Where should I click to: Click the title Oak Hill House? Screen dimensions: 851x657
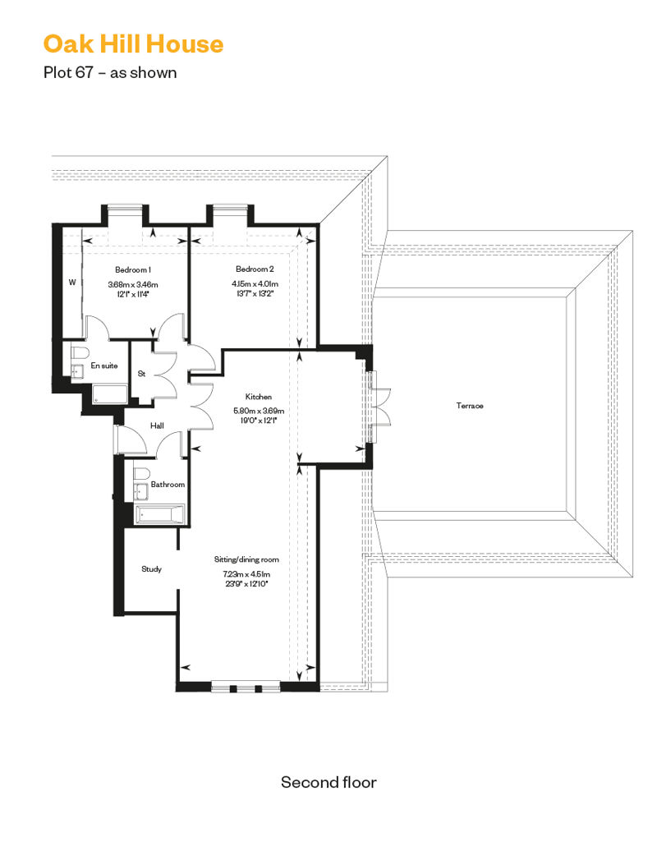click(x=133, y=44)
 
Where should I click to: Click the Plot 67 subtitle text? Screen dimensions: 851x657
click(x=110, y=72)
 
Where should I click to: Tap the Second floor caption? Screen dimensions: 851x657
click(x=328, y=781)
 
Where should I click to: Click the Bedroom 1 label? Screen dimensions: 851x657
click(x=132, y=269)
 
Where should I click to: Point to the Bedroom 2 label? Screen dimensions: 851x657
click(x=255, y=269)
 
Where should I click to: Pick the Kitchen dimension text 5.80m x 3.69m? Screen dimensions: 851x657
click(x=259, y=411)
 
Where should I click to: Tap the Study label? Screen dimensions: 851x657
click(x=151, y=568)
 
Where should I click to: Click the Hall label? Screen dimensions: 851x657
click(x=157, y=425)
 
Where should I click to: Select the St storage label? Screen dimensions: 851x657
click(x=141, y=374)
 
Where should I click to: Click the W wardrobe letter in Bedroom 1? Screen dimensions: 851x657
click(x=72, y=283)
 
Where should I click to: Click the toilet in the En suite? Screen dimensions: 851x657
click(x=77, y=352)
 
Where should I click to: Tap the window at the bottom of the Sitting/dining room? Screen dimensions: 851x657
click(x=246, y=687)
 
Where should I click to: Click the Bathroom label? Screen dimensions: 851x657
click(x=168, y=485)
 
